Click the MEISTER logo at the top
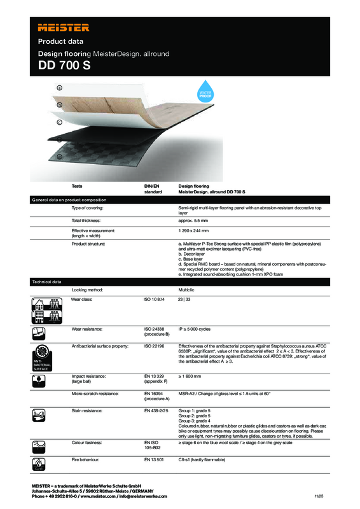[64, 28]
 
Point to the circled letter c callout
[59, 122]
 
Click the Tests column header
[78, 186]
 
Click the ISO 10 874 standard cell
[155, 298]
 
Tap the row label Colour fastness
[89, 441]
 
